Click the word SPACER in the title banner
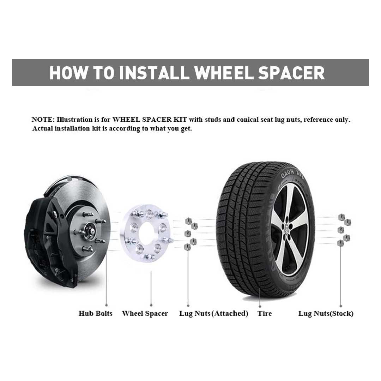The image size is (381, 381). pos(291,73)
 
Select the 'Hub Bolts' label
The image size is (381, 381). pos(96,313)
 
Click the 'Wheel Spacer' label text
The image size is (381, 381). pos(145,314)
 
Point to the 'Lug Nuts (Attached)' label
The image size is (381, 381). pos(213,314)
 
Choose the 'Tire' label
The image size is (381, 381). pos(265,314)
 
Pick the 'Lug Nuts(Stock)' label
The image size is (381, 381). pos(326,314)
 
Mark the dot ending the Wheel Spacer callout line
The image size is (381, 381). pos(151,305)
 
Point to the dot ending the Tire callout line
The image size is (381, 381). pos(260,307)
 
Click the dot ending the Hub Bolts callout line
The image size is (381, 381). pos(107,305)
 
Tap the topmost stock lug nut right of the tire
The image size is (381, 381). pos(341,217)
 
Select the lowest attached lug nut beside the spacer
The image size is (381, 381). pos(187,247)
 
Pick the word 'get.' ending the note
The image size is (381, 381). pos(186,128)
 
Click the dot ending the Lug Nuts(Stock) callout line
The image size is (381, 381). pos(341,306)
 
